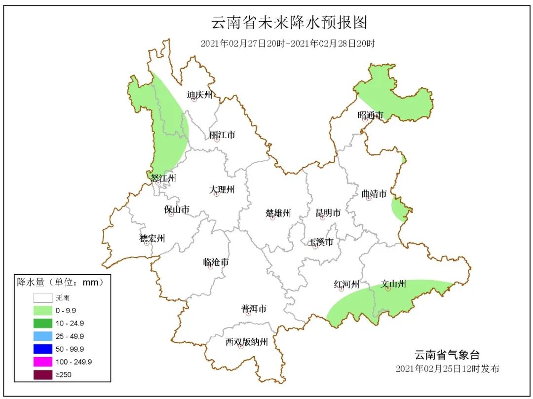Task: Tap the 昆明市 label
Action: pos(328,213)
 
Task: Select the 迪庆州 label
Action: pos(199,95)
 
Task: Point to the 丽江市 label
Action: pos(222,135)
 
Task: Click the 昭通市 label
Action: pos(370,115)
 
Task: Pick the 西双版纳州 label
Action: pos(246,342)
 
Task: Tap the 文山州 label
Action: pos(393,284)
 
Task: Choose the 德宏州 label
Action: pos(152,239)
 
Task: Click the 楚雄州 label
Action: pos(278,213)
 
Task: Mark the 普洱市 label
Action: pos(254,309)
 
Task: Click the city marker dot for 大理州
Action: pos(216,194)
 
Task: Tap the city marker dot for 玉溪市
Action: pos(315,247)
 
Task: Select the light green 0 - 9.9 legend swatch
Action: pos(43,311)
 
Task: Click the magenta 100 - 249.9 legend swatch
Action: pos(43,362)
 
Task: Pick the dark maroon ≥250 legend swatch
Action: pos(43,375)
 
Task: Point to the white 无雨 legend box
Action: pos(43,298)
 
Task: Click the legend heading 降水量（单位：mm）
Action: pos(61,283)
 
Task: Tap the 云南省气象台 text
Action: pos(447,355)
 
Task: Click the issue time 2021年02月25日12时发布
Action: pos(448,368)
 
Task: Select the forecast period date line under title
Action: pos(288,43)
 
